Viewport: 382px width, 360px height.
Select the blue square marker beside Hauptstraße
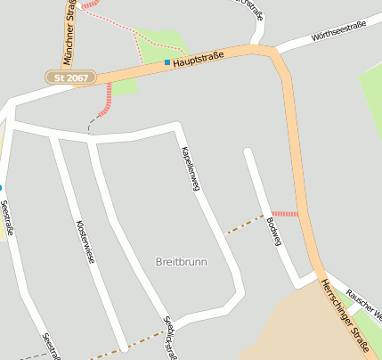coord(167,62)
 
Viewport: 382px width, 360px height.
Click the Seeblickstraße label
coord(168,337)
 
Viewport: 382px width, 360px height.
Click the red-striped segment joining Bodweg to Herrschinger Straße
coord(285,214)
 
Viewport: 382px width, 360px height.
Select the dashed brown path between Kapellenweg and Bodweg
coord(245,224)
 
